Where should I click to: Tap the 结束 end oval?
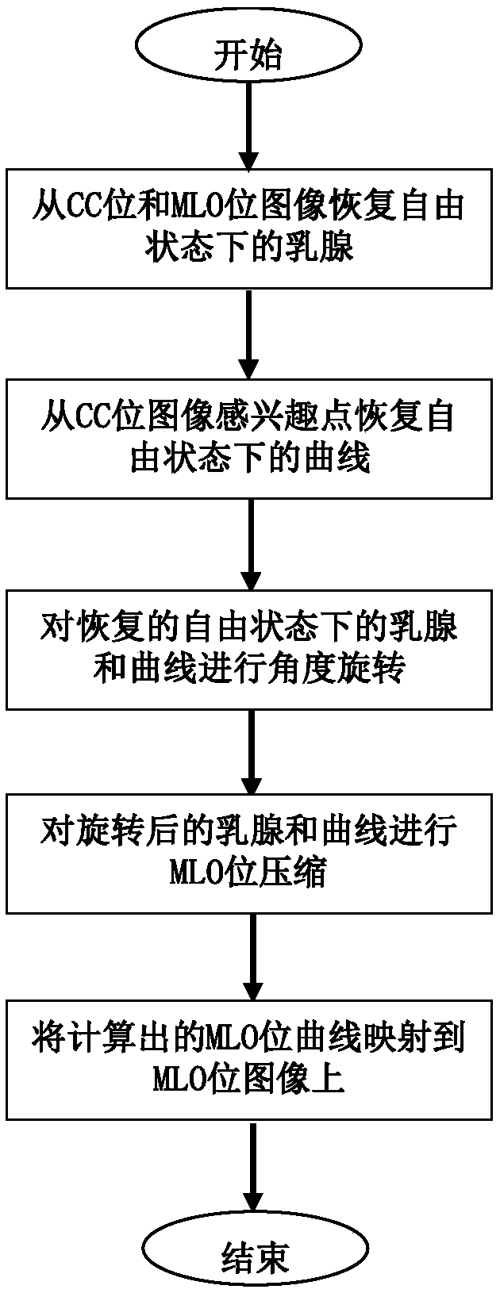pyautogui.click(x=253, y=1257)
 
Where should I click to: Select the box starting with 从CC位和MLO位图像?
pyautogui.click(x=249, y=229)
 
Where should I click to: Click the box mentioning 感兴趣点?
pyautogui.click(x=249, y=439)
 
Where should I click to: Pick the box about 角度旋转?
pyautogui.click(x=249, y=648)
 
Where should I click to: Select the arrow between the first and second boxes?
pyautogui.click(x=249, y=333)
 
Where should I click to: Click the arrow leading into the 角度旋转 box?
pyautogui.click(x=249, y=543)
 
